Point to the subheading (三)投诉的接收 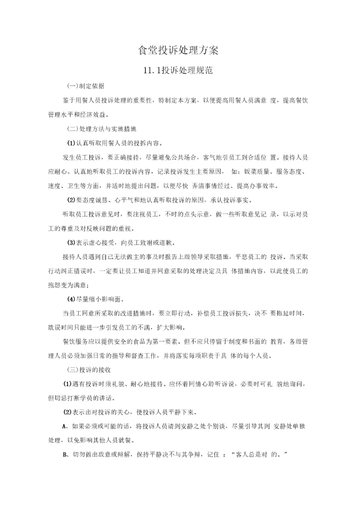[x=88, y=370]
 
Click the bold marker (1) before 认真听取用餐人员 [x=71, y=143]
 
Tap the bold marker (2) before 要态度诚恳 [x=71, y=200]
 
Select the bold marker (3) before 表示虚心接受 [x=71, y=243]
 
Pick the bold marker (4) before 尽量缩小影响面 [x=71, y=299]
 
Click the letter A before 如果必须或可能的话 [x=64, y=426]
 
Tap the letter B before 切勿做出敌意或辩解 [x=64, y=455]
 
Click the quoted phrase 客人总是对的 [x=260, y=455]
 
